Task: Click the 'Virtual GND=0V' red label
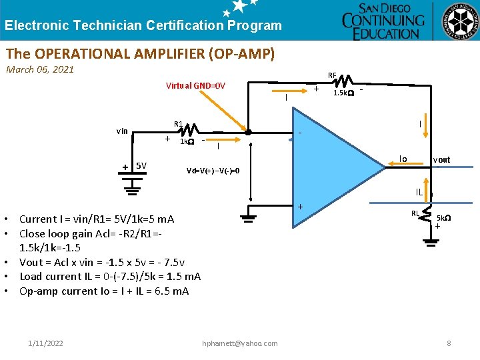coord(195,85)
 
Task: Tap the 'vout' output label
coord(441,160)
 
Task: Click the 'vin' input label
coord(122,131)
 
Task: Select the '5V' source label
coord(141,165)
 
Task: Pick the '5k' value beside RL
coord(443,218)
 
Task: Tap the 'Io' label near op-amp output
coord(403,159)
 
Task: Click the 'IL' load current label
coord(419,192)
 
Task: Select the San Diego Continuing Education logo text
coord(383,21)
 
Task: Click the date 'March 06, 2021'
coord(40,69)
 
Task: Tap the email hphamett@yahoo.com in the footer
coord(239,343)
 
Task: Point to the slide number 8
coord(449,343)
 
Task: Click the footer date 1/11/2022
coord(46,343)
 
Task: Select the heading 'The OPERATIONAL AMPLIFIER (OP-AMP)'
coord(140,53)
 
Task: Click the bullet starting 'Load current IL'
coord(110,276)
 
